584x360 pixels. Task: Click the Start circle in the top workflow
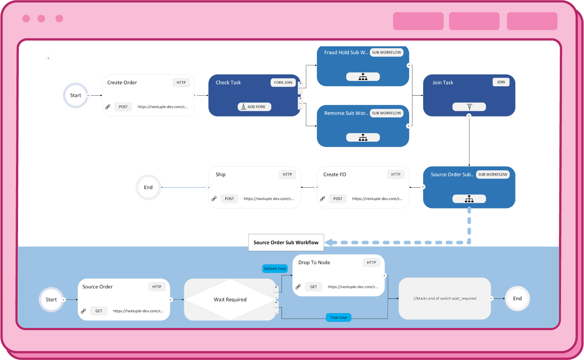[76, 96]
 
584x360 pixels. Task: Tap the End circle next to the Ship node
[148, 188]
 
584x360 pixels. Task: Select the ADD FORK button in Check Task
[254, 107]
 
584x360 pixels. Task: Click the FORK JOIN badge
[283, 83]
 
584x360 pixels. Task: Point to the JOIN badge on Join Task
[501, 82]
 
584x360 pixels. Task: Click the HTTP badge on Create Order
[181, 83]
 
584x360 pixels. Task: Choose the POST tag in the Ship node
[229, 199]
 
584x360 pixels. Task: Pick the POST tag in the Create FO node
[338, 199]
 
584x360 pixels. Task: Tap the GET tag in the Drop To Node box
[314, 287]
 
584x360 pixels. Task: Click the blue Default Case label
[275, 269]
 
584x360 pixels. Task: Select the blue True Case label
[339, 318]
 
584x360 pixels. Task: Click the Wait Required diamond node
[230, 300]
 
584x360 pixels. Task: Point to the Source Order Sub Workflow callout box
[286, 243]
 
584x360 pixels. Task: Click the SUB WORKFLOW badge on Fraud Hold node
[387, 53]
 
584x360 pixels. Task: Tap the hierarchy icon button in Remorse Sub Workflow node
[363, 138]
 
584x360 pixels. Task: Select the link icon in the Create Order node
[108, 107]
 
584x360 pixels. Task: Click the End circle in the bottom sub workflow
[517, 299]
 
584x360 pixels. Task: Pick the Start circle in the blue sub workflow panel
[51, 300]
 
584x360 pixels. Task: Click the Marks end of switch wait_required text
[445, 298]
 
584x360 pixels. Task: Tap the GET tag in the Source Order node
[99, 311]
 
